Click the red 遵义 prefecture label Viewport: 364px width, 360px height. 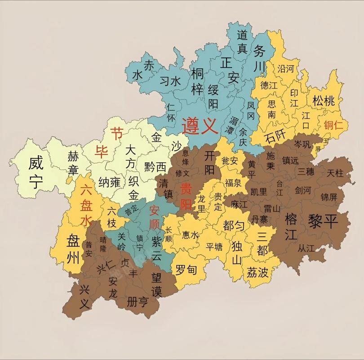pos(200,126)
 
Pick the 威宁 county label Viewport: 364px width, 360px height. pos(36,172)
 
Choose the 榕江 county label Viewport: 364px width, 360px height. pos(291,227)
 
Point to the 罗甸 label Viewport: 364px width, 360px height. pos(186,270)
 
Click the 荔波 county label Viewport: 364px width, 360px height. pos(257,272)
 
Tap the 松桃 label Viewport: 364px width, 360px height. pos(324,101)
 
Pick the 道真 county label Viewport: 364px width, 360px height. pos(242,41)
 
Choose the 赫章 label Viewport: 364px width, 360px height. pos(73,163)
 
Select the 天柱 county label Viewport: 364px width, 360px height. pos(335,173)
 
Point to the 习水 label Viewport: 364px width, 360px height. pos(170,81)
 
